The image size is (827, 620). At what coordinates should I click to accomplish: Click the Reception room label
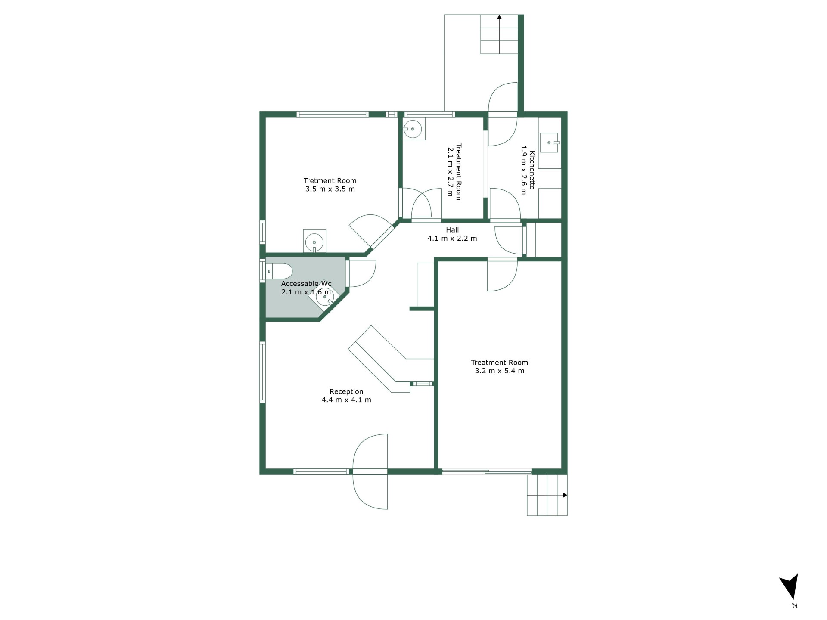click(346, 391)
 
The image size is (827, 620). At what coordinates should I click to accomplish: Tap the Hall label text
click(452, 230)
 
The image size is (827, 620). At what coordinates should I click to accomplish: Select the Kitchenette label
click(532, 170)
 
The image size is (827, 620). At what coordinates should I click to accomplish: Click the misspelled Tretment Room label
click(330, 181)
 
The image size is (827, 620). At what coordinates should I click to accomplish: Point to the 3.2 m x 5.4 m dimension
click(500, 371)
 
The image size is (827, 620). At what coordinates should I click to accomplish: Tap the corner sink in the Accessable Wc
click(325, 297)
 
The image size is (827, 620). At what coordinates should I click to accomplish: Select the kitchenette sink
click(550, 143)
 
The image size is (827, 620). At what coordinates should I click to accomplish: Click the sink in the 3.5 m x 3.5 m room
click(314, 242)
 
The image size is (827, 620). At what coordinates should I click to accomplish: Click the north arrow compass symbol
click(790, 586)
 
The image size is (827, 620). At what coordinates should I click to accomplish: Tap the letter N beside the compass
click(795, 605)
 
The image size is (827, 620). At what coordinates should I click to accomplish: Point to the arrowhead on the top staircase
click(499, 17)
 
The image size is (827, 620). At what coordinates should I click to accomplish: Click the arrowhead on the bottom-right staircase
click(565, 495)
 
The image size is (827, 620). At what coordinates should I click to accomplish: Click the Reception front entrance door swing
click(370, 471)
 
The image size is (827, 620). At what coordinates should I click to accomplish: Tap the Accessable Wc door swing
click(362, 274)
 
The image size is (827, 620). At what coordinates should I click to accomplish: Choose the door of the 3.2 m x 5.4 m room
click(502, 276)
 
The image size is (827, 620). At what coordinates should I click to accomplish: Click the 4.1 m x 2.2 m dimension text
click(452, 238)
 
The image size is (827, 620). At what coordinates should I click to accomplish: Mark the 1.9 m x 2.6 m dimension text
click(524, 170)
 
